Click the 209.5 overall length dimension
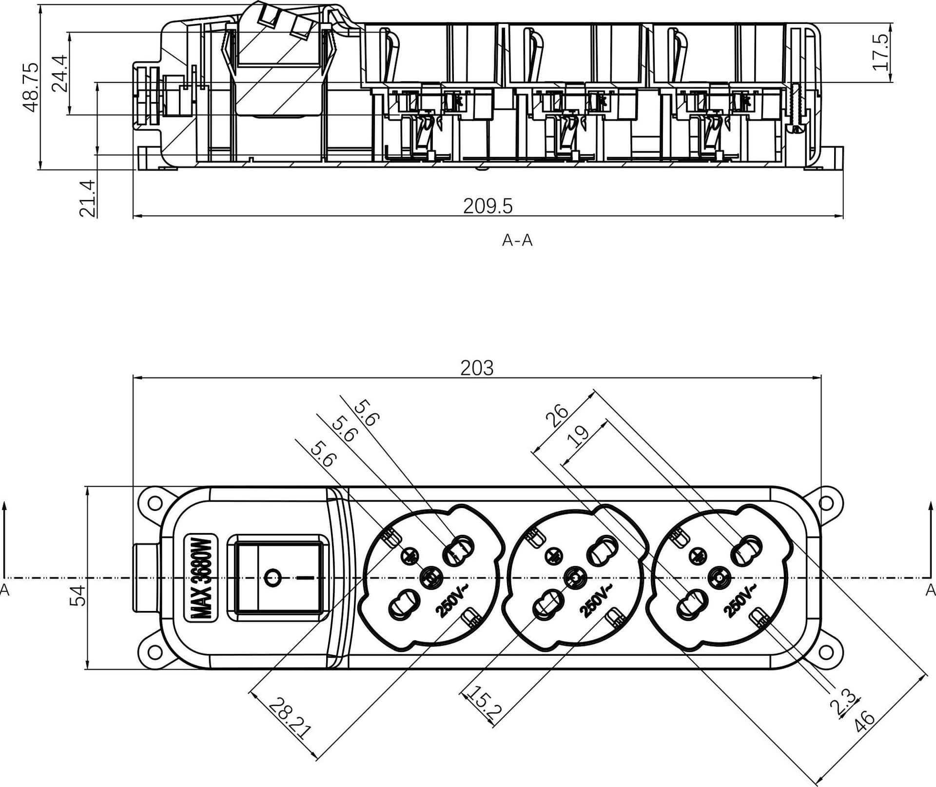coord(487,206)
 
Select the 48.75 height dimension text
coord(31,87)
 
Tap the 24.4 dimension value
coord(59,73)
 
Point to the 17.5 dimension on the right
coord(880,52)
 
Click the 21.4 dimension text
coord(87,198)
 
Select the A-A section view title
coord(517,240)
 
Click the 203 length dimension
coord(477,368)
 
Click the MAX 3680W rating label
coord(201,578)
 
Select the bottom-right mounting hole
coord(825,653)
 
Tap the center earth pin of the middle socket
coord(574,578)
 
